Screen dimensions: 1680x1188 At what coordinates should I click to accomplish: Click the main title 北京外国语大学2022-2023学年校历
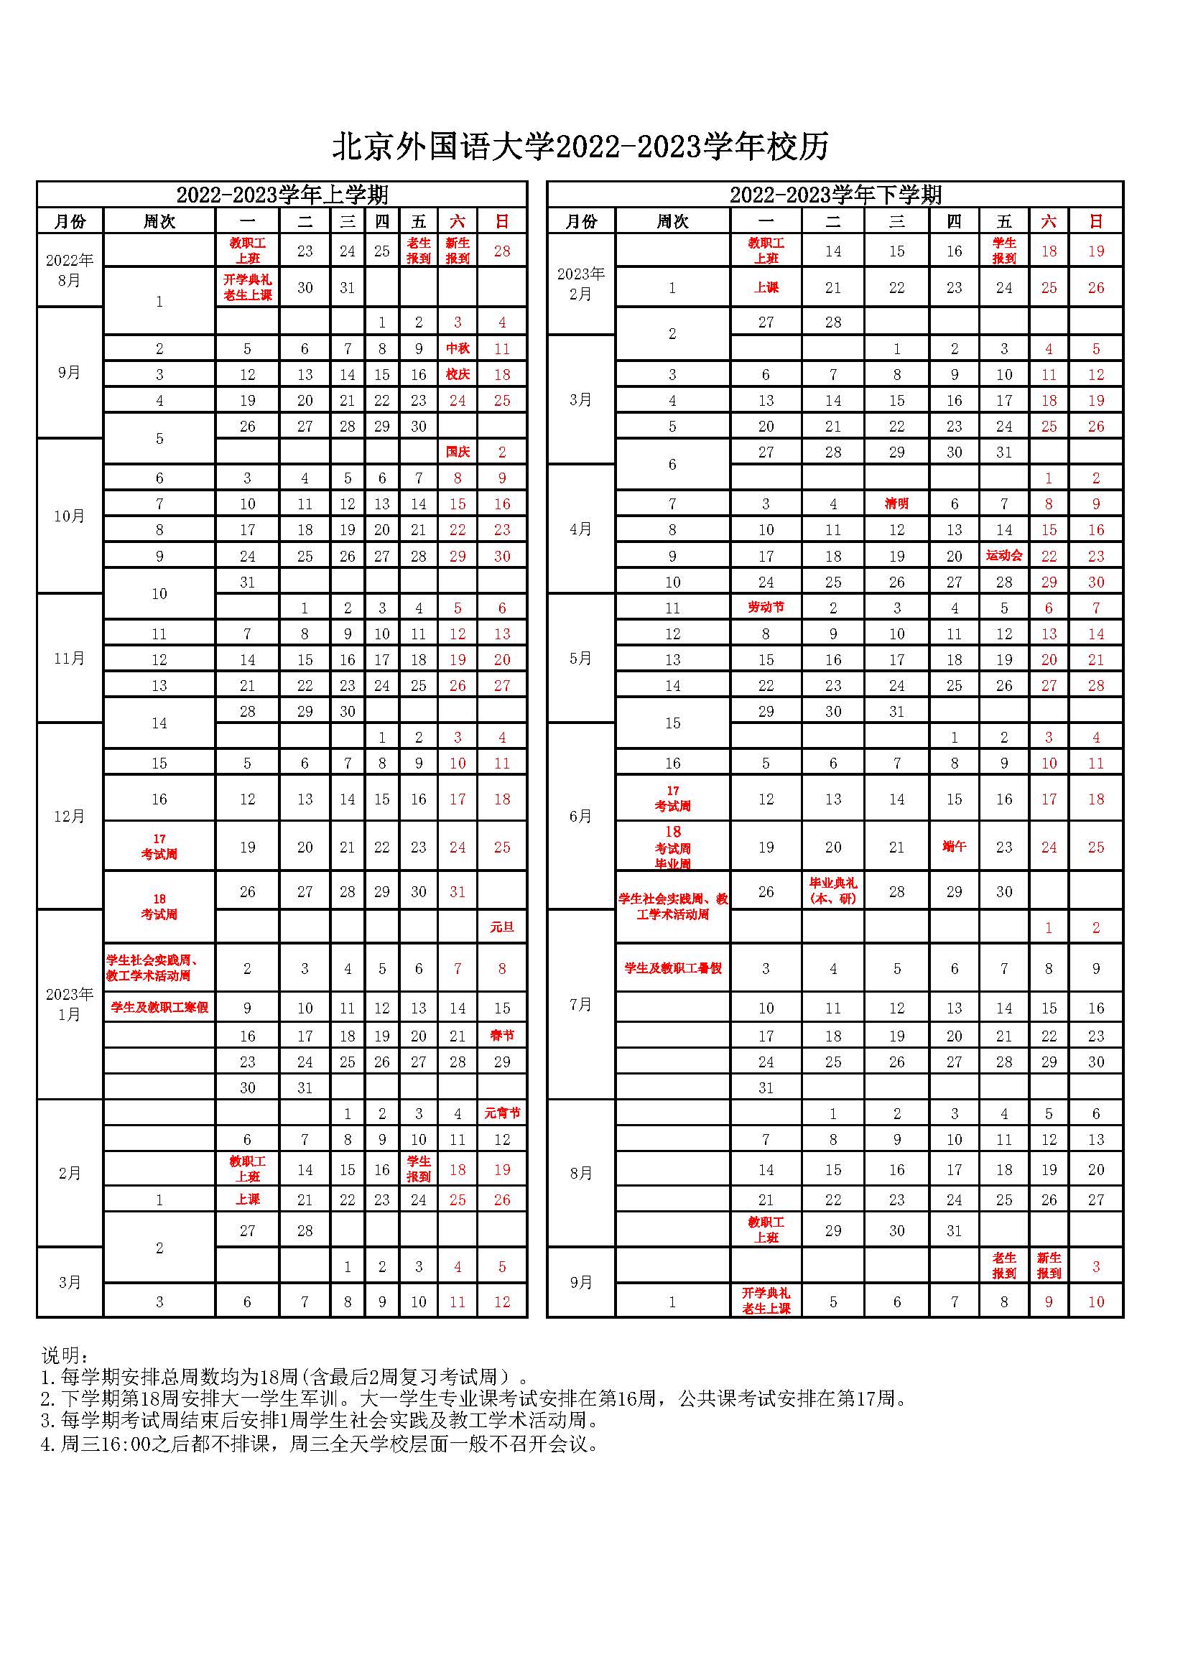[581, 147]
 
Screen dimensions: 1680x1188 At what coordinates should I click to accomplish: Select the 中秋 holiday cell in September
[458, 349]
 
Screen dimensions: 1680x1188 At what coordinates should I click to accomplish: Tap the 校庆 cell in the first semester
[458, 375]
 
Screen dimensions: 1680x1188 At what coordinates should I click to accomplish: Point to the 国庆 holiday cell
[458, 453]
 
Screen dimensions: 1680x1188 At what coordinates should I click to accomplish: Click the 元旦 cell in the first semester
[502, 928]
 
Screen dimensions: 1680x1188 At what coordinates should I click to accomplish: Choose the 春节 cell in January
[502, 1036]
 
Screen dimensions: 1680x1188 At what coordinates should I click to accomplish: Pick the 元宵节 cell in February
[502, 1113]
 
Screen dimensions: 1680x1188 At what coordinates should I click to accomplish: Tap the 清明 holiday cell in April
[896, 504]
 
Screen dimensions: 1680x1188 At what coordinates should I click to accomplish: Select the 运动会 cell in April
[1003, 555]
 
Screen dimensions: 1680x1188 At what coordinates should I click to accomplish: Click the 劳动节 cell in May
[765, 608]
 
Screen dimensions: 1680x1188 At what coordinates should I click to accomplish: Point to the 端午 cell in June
[954, 847]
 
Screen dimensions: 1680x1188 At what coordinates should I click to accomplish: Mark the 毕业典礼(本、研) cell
[832, 891]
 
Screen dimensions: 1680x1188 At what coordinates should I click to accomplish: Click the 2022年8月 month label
[70, 270]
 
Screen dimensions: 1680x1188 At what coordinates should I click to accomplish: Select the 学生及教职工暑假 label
[672, 968]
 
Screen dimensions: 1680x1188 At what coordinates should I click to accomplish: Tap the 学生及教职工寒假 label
[159, 1008]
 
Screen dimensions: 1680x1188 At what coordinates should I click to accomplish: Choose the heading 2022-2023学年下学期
[835, 195]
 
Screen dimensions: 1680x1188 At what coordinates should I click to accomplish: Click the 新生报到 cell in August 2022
[458, 250]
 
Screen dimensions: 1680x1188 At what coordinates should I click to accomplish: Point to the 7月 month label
[581, 1004]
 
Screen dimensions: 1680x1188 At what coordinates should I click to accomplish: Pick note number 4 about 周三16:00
[320, 1444]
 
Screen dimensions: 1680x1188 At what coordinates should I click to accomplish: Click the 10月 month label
[70, 516]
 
